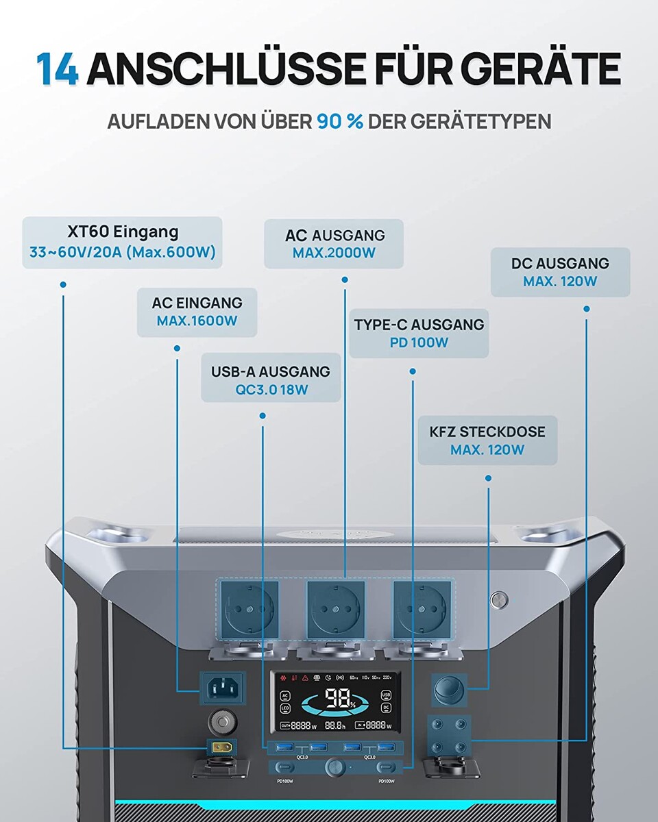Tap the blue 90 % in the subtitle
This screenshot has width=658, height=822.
[x=339, y=122]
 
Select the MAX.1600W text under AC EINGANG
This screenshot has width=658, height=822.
[x=197, y=321]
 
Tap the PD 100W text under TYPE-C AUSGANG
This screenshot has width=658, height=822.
[x=419, y=342]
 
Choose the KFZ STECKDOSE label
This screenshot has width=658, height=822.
[x=487, y=432]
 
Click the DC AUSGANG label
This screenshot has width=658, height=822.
[x=560, y=264]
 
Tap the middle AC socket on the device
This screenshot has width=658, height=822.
[x=335, y=609]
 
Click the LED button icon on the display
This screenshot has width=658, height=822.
[x=285, y=708]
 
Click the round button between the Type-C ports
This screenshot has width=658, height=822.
[x=334, y=766]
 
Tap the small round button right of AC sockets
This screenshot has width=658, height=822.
[x=500, y=601]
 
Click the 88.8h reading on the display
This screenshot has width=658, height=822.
[x=337, y=725]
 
